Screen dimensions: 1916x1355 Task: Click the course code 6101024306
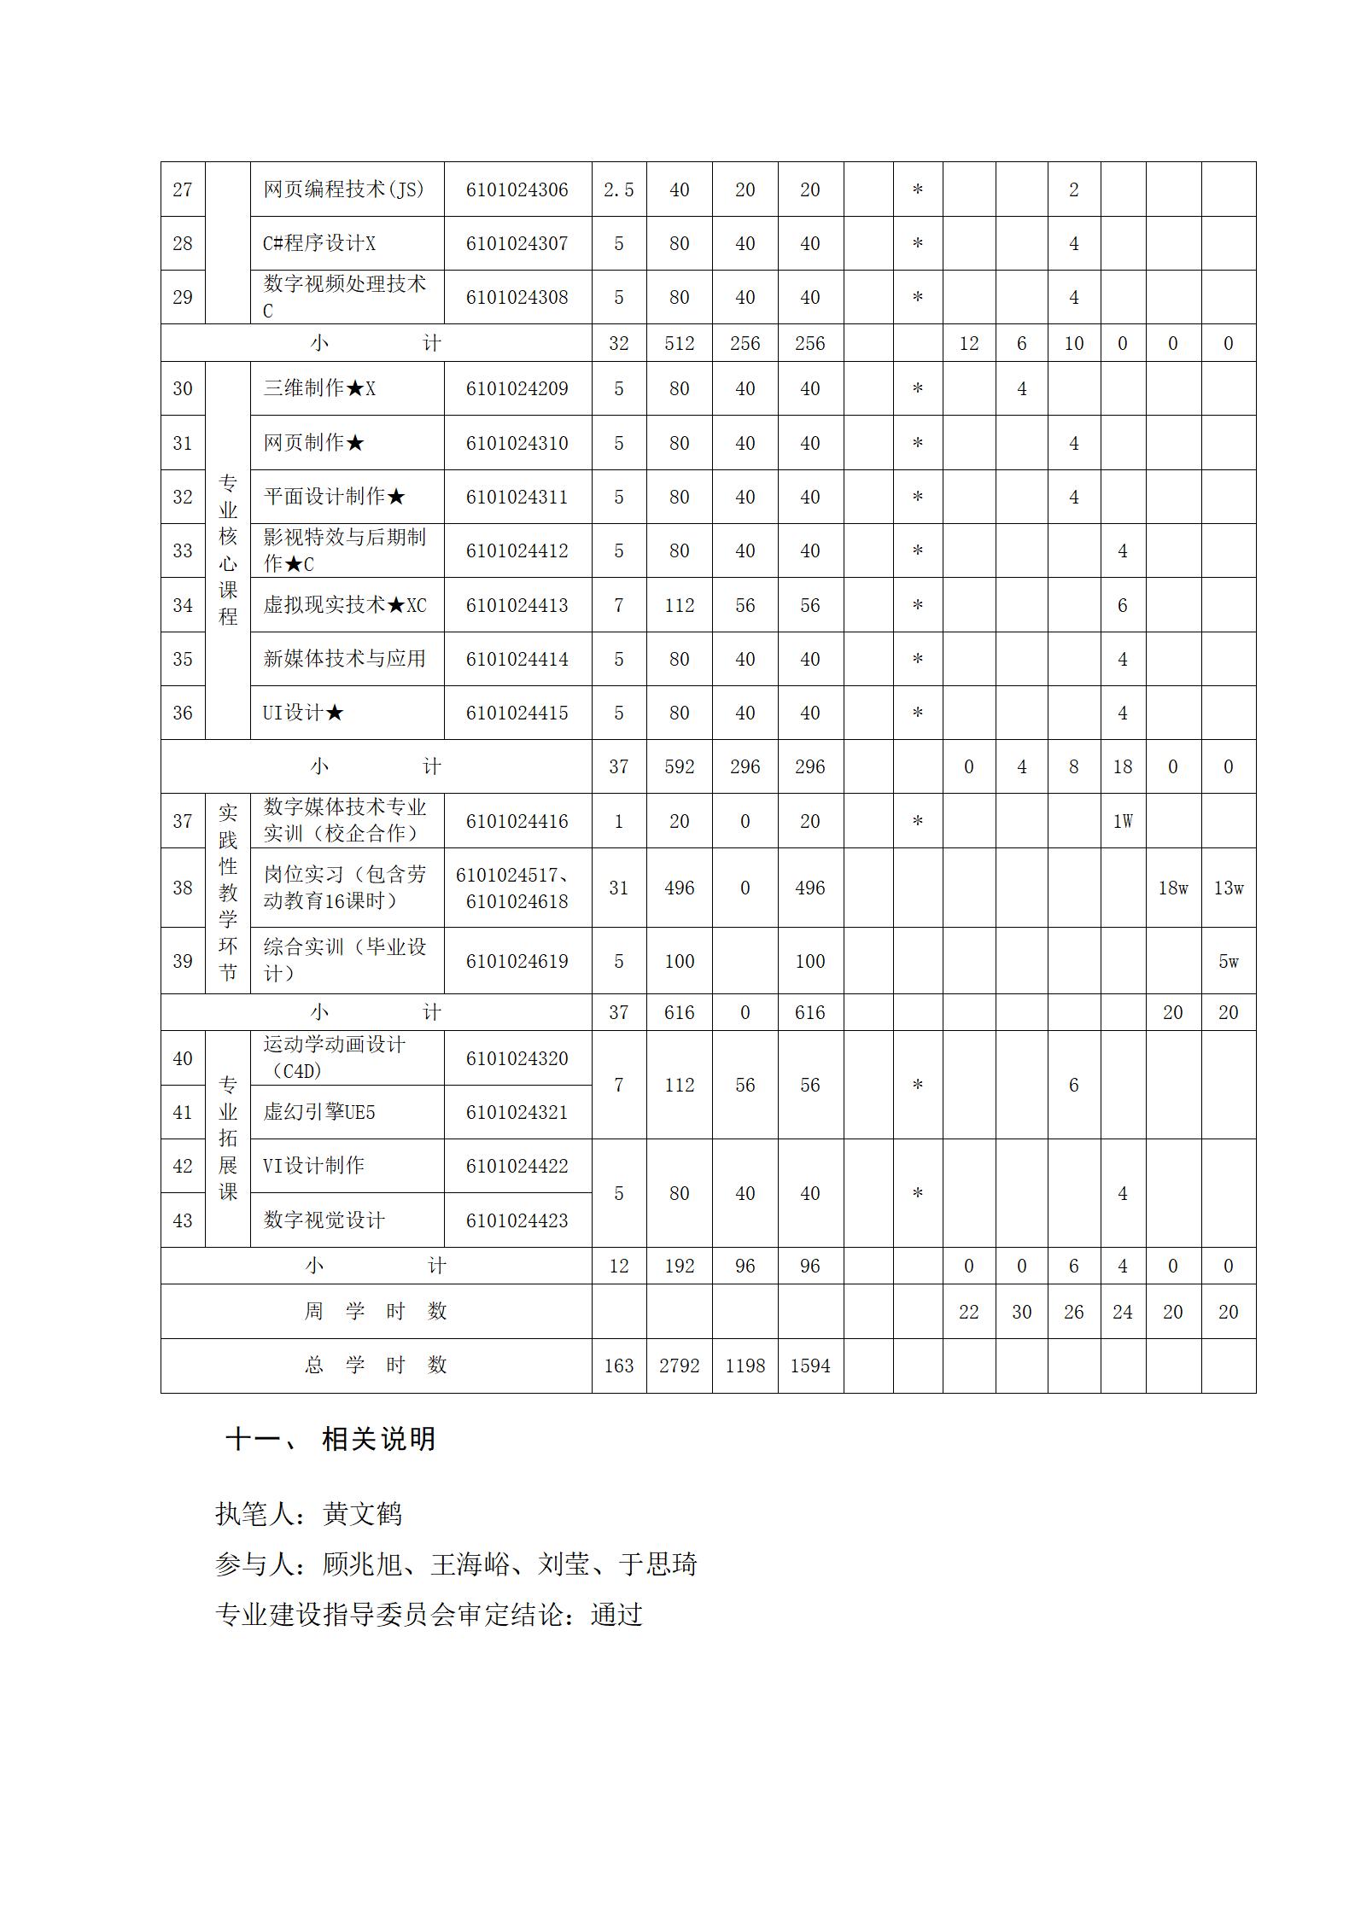point(517,189)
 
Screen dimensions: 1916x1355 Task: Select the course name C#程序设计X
point(318,243)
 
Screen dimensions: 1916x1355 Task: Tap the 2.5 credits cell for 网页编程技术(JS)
point(618,189)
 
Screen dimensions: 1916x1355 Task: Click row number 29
point(183,297)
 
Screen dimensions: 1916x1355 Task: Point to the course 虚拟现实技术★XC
point(344,605)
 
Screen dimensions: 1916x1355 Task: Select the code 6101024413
point(517,605)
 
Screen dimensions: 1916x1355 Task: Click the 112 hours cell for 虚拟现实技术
point(679,605)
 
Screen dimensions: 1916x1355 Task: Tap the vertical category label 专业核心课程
point(227,550)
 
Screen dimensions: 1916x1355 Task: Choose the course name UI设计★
point(303,713)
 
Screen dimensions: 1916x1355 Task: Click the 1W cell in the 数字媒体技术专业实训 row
point(1122,821)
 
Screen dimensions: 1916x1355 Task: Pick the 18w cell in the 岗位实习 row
point(1172,888)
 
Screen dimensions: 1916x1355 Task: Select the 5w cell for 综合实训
point(1228,961)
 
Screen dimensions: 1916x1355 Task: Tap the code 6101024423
point(517,1220)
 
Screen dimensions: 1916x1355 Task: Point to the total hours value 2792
point(679,1366)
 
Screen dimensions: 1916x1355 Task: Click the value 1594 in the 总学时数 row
point(809,1366)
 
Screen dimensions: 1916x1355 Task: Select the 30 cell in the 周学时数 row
point(1021,1312)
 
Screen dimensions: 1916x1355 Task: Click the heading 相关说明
point(378,1439)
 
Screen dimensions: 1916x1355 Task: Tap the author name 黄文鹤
point(362,1514)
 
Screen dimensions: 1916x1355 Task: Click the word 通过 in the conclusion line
point(616,1615)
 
